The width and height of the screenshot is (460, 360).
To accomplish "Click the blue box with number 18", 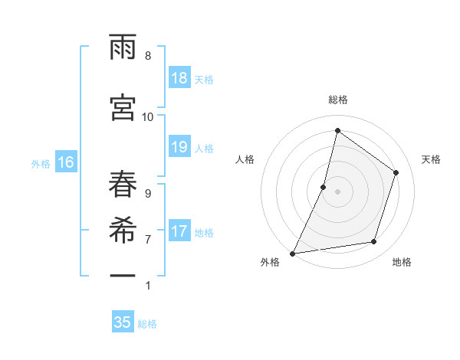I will pyautogui.click(x=179, y=78).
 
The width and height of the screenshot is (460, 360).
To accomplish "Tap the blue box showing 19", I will pyautogui.click(x=179, y=147).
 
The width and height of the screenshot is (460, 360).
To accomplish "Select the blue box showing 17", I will pyautogui.click(x=179, y=231).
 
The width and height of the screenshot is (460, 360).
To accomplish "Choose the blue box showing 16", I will pyautogui.click(x=66, y=162).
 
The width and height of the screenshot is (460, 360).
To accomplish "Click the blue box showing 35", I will pyautogui.click(x=123, y=322).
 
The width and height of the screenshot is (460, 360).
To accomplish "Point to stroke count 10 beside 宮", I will pyautogui.click(x=148, y=116).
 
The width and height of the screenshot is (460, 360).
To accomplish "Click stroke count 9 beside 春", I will pyautogui.click(x=148, y=193).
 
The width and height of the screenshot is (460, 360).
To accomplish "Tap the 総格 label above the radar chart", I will pyautogui.click(x=338, y=100).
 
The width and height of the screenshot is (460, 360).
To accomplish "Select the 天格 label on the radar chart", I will pyautogui.click(x=432, y=159).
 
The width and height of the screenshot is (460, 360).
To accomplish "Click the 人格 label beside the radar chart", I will pyautogui.click(x=245, y=159).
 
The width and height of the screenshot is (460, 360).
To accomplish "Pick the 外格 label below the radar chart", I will pyautogui.click(x=270, y=262).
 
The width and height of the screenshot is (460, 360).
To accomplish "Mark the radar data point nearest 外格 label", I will pyautogui.click(x=293, y=253).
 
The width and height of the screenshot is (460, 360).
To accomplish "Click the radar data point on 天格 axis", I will pyautogui.click(x=396, y=172).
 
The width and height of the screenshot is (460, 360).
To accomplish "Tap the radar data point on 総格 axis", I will pyautogui.click(x=337, y=130).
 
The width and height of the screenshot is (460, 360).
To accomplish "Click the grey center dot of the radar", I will pyautogui.click(x=337, y=191).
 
